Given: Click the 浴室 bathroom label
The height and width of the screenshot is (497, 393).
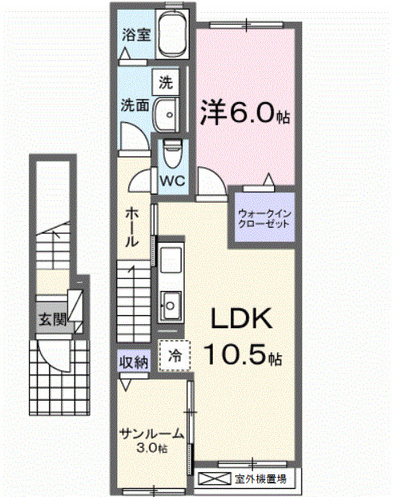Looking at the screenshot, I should (x=134, y=35).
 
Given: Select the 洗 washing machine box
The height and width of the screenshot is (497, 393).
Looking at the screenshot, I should (x=166, y=81).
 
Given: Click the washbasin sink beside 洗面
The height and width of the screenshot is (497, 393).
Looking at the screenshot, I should (x=166, y=113).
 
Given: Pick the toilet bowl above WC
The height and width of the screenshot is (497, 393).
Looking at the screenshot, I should (x=170, y=152).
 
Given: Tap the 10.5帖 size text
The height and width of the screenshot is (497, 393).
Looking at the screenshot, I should (x=241, y=355).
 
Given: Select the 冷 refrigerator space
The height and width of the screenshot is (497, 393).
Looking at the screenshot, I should (x=174, y=354).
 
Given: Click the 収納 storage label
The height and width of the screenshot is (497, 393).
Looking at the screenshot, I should (x=133, y=363).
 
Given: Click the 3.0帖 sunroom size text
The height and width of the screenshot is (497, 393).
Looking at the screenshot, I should (x=152, y=448).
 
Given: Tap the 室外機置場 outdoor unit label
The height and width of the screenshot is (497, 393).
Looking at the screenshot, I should (x=261, y=480).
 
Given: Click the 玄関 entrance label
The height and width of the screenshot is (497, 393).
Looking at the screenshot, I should (x=50, y=320).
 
